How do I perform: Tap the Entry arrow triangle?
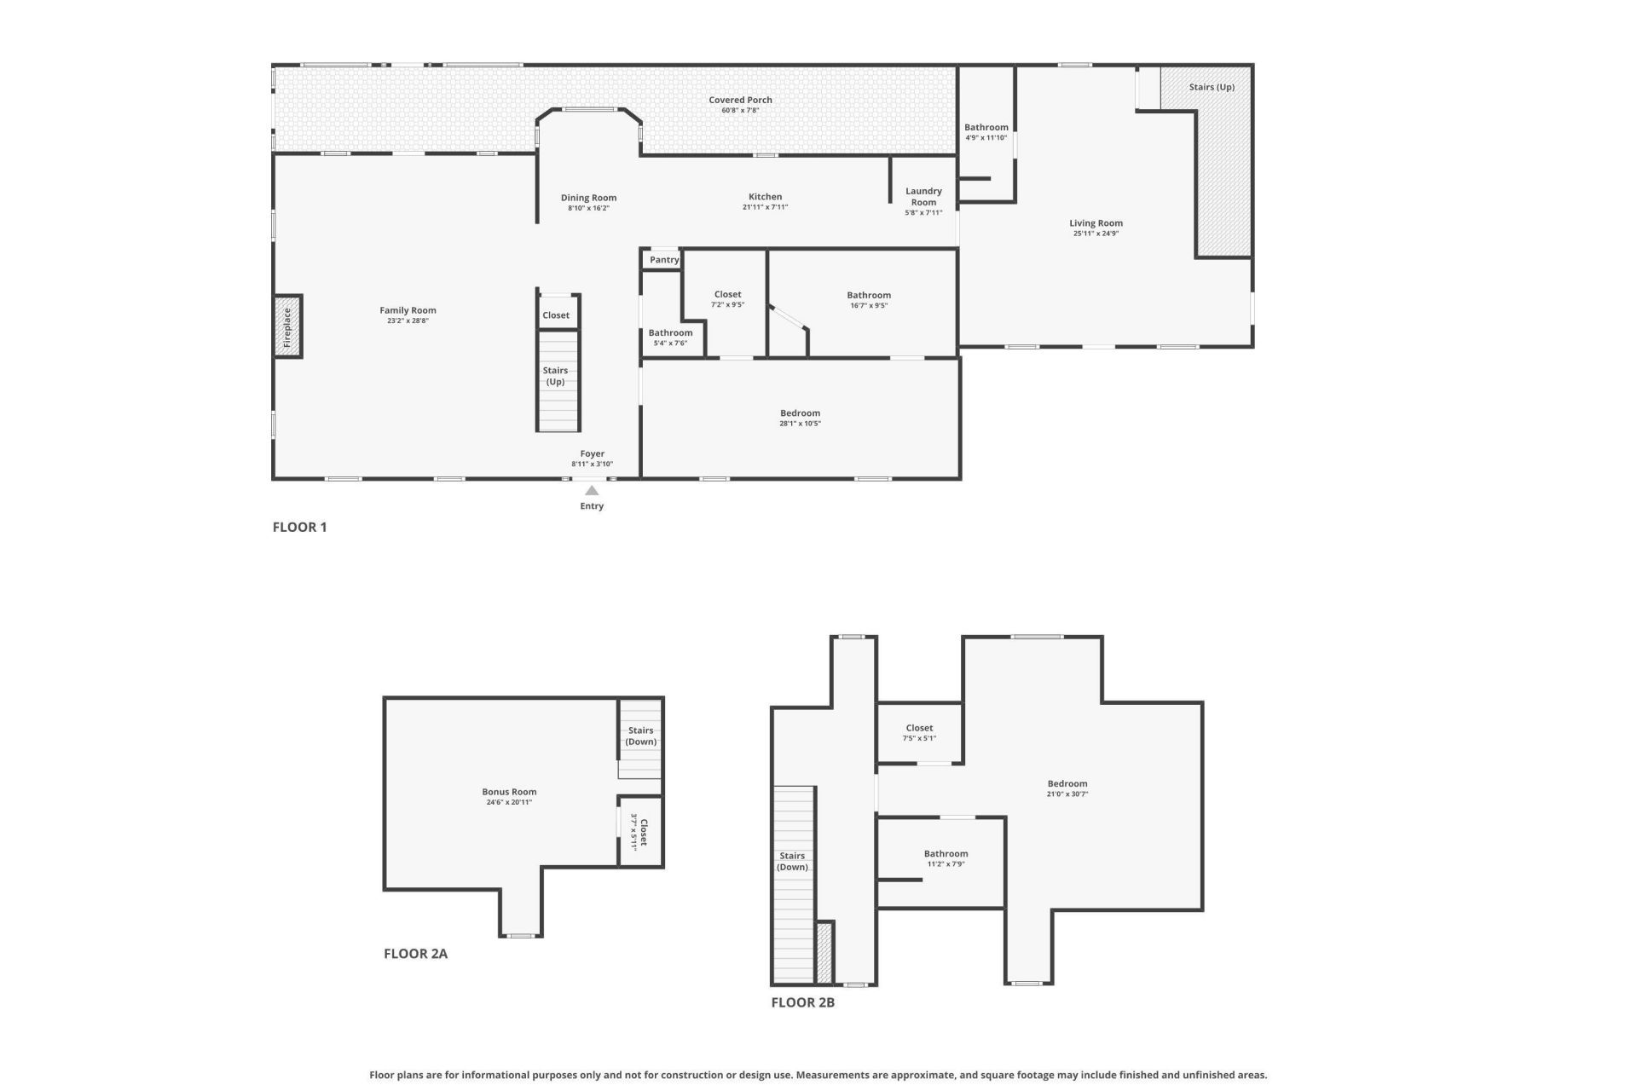[592, 490]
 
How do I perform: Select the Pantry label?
[664, 260]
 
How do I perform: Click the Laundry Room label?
[923, 197]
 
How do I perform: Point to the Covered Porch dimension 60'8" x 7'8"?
[740, 111]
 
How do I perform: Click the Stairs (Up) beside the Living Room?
[1212, 87]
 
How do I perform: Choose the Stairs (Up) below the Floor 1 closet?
[555, 376]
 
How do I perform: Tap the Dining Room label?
[588, 198]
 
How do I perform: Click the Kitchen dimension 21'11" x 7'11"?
[765, 207]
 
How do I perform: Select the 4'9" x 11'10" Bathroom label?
[986, 128]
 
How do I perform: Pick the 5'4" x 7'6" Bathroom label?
[670, 333]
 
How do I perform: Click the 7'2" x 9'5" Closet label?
[727, 294]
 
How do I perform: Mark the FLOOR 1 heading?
[299, 527]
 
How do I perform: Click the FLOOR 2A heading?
[415, 954]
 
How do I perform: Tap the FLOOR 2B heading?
[802, 1002]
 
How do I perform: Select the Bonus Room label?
[509, 792]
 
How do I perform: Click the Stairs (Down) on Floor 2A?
[640, 736]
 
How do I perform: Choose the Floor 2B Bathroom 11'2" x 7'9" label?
[946, 854]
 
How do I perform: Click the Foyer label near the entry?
[592, 454]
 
